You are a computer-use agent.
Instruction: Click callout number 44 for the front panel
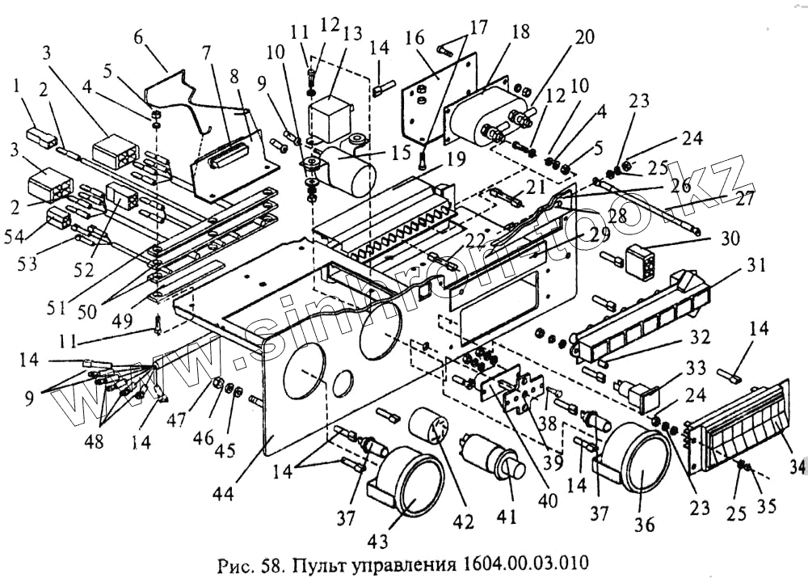pyautogui.click(x=223, y=493)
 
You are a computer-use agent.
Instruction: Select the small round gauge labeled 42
pyautogui.click(x=428, y=425)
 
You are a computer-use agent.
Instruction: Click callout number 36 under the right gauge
pyautogui.click(x=644, y=524)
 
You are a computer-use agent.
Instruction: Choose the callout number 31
pyautogui.click(x=755, y=265)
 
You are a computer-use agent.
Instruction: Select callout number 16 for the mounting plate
pyautogui.click(x=415, y=38)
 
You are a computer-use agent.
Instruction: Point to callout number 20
pyautogui.click(x=584, y=37)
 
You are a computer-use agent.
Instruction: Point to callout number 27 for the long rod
pyautogui.click(x=743, y=199)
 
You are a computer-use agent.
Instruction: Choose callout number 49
pyautogui.click(x=122, y=321)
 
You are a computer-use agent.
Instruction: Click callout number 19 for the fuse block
pyautogui.click(x=456, y=158)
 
